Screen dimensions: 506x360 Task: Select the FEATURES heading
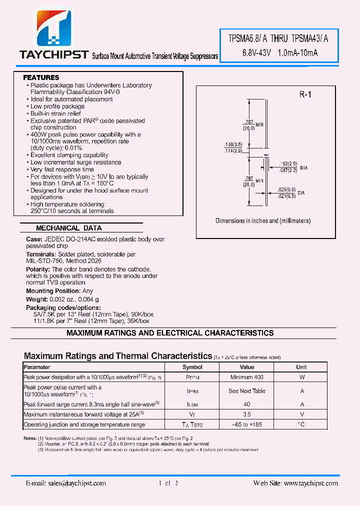(41, 77)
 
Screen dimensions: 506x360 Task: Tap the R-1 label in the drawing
(305, 94)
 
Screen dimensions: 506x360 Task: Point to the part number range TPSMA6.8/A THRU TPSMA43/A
(278, 38)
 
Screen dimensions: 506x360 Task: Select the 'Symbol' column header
(192, 367)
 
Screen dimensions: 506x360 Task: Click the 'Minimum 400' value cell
(247, 377)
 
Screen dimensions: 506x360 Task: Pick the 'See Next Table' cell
(247, 391)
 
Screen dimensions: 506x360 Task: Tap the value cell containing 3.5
(247, 414)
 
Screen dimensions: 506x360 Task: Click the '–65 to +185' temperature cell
(247, 424)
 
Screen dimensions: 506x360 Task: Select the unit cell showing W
(301, 377)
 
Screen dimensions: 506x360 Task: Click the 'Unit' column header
(301, 367)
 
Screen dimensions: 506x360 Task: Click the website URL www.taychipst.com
(310, 483)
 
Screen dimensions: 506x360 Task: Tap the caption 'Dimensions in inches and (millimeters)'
(263, 220)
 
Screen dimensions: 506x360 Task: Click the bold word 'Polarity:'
(38, 269)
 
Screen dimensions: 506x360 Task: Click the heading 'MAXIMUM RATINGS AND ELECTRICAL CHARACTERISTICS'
(170, 333)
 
